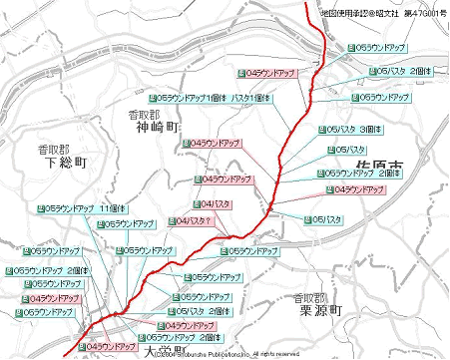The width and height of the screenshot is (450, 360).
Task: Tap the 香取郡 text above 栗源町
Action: [x=307, y=297]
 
